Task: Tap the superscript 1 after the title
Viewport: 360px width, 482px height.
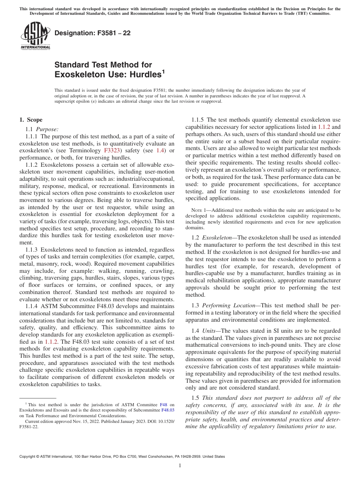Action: [163, 72]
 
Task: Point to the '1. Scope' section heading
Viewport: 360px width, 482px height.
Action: [31, 120]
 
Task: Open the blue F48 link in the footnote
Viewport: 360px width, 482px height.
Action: [164, 405]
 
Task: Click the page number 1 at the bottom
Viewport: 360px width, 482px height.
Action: [180, 466]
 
